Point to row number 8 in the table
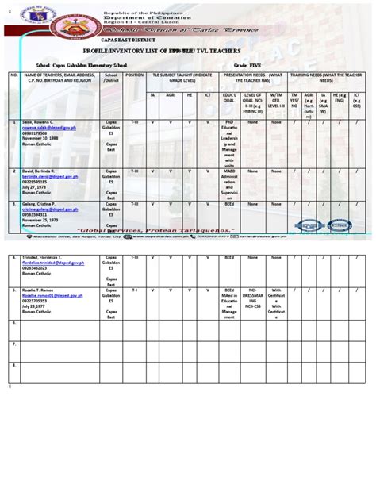(13, 367)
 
